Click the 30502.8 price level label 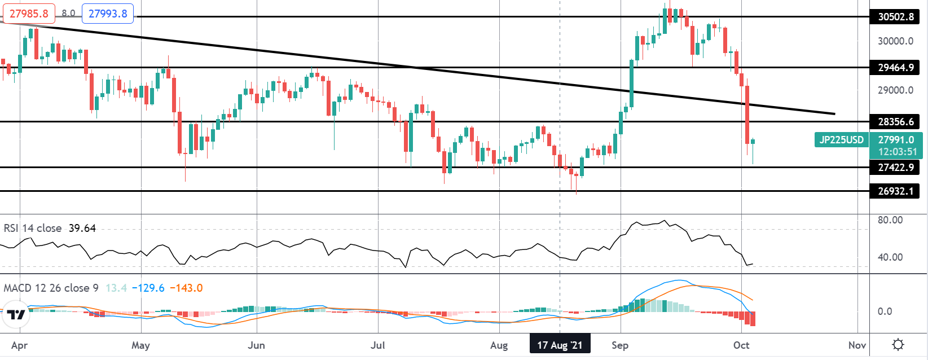[895, 17]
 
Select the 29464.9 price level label [895, 68]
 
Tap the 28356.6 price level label [895, 122]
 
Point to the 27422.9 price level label [895, 168]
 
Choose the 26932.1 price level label [895, 191]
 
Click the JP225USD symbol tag [841, 140]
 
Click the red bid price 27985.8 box [29, 13]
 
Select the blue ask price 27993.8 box [108, 13]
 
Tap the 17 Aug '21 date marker [560, 345]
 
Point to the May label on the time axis [140, 345]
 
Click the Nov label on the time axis [857, 345]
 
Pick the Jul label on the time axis [378, 345]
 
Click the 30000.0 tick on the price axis [895, 41]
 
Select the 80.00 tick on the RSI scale [890, 220]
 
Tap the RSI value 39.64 [82, 229]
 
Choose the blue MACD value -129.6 [148, 288]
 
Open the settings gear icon [899, 345]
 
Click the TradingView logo [17, 314]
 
